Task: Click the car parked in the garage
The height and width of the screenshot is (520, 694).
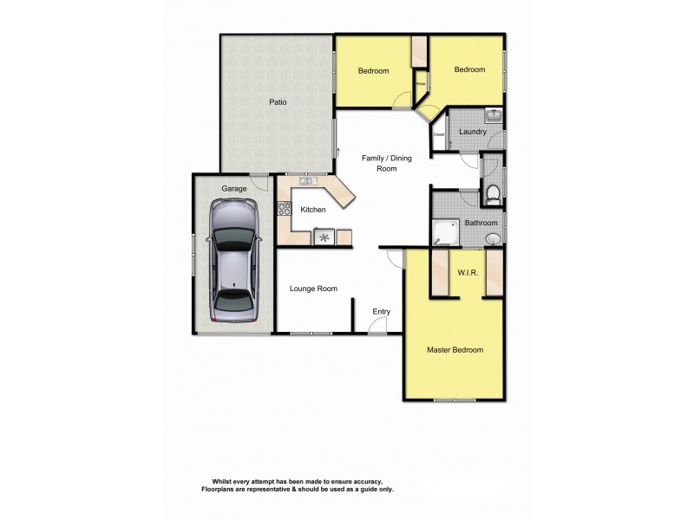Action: pyautogui.click(x=233, y=263)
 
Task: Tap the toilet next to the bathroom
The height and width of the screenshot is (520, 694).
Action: pyautogui.click(x=492, y=194)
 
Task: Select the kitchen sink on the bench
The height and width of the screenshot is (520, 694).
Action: pyautogui.click(x=307, y=181)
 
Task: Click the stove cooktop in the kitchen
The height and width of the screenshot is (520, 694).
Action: pyautogui.click(x=283, y=208)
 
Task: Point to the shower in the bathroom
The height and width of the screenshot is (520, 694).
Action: pyautogui.click(x=448, y=231)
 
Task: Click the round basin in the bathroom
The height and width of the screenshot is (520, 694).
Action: pyautogui.click(x=492, y=237)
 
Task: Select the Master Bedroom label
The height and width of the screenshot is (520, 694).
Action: pyautogui.click(x=455, y=350)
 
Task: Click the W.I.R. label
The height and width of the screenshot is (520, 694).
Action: pyautogui.click(x=468, y=273)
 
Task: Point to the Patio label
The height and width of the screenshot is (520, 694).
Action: pyautogui.click(x=278, y=102)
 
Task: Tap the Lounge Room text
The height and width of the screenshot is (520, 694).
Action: pyautogui.click(x=314, y=289)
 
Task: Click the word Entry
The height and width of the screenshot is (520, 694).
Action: pyautogui.click(x=382, y=312)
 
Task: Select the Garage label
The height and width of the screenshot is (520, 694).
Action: pyautogui.click(x=234, y=188)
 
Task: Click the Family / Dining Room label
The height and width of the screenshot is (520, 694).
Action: pyautogui.click(x=386, y=163)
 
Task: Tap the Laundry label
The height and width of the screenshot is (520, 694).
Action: pyautogui.click(x=473, y=132)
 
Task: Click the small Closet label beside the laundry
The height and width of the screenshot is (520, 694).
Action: pyautogui.click(x=438, y=134)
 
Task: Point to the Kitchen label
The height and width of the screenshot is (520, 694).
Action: pyautogui.click(x=312, y=210)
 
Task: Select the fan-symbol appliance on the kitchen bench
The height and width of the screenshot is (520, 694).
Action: pyautogui.click(x=324, y=236)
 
